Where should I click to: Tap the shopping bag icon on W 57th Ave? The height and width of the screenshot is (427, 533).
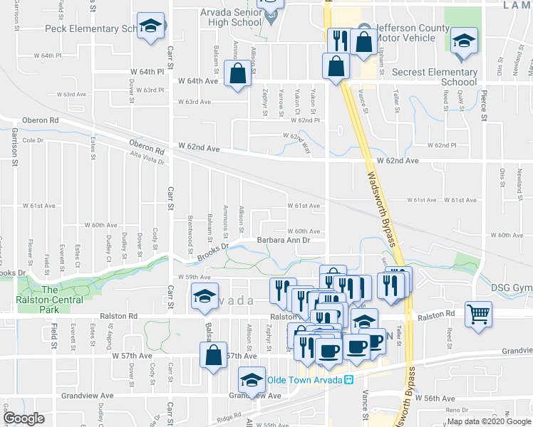pos(213,354)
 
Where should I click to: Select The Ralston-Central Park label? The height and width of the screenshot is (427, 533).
pos(49,295)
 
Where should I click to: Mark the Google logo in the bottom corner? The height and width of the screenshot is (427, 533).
pos(23,419)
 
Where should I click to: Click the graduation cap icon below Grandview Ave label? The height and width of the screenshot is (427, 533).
pos(251,379)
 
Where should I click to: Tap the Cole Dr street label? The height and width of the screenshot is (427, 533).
pos(33,140)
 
